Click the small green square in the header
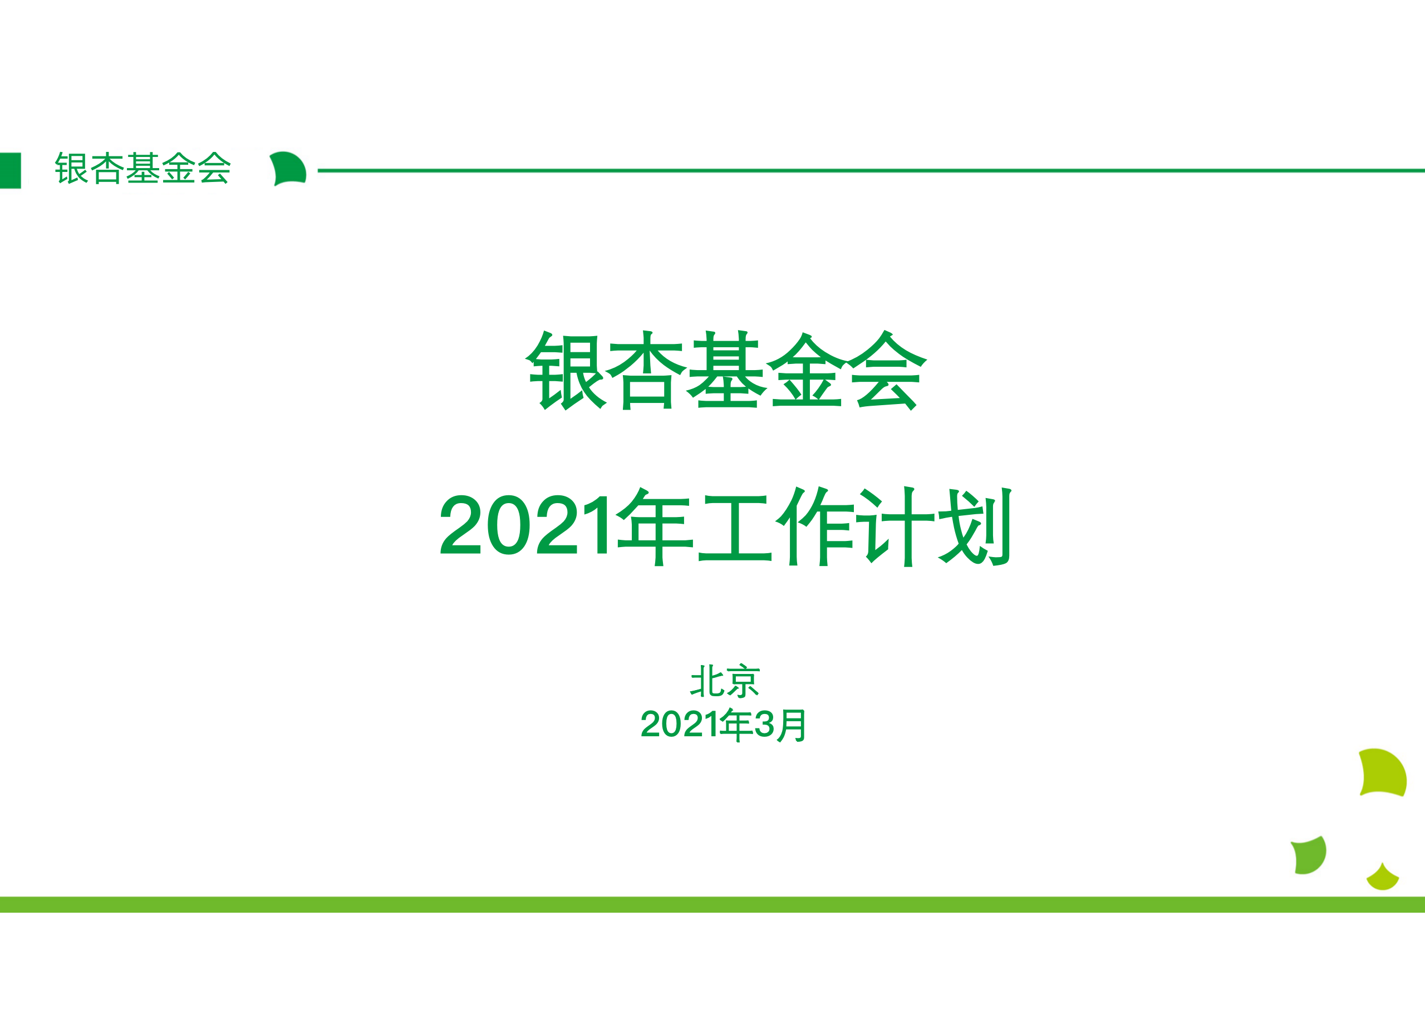(10, 170)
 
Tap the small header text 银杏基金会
(143, 169)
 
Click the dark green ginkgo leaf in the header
(288, 169)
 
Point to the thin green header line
(871, 170)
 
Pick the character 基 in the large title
(726, 370)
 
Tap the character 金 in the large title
(807, 370)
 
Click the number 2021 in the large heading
(523, 525)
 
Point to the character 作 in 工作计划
(815, 526)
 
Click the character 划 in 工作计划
(975, 526)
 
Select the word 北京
(725, 681)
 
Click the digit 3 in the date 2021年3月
(764, 725)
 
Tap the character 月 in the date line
(792, 725)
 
